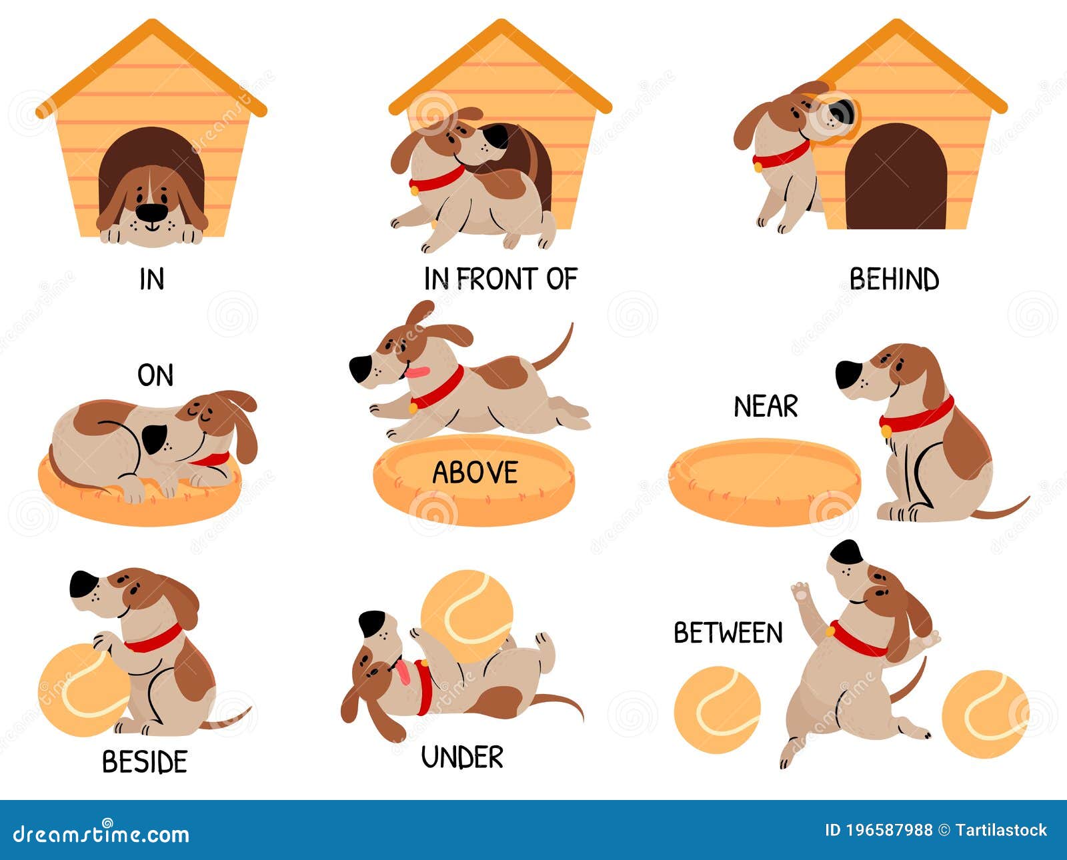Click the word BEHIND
(x=894, y=279)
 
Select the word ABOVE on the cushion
(x=475, y=472)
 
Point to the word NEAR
(x=766, y=407)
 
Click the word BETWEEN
(x=728, y=633)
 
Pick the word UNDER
(x=462, y=757)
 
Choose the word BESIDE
(x=145, y=761)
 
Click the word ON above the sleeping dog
(x=155, y=375)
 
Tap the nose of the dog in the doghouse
(x=151, y=212)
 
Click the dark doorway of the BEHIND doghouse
(x=896, y=177)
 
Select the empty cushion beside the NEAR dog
(x=765, y=482)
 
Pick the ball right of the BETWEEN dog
(x=985, y=714)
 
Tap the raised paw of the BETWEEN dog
(x=800, y=591)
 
